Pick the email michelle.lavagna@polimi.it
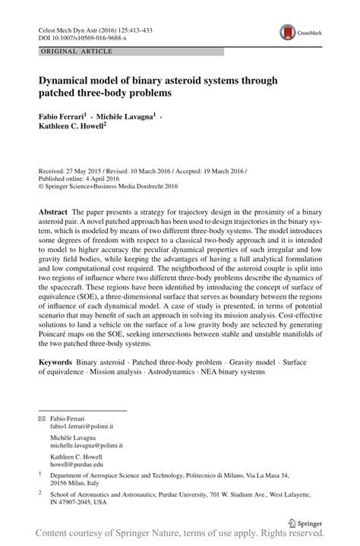click(x=91, y=446)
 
